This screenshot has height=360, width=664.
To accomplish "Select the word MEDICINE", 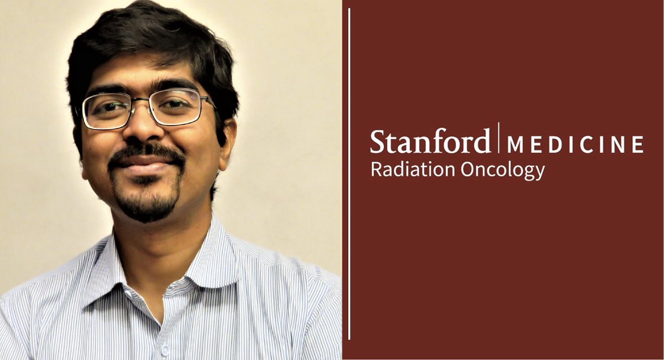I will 575,145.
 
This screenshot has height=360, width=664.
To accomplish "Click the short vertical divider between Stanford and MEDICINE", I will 498,137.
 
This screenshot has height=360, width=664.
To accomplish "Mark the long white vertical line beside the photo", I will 349,177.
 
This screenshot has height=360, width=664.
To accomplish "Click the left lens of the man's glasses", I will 106,110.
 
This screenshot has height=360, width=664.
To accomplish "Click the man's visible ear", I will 228,141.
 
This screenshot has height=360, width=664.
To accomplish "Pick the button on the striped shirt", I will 166,349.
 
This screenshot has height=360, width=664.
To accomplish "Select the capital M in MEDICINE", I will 516,145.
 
